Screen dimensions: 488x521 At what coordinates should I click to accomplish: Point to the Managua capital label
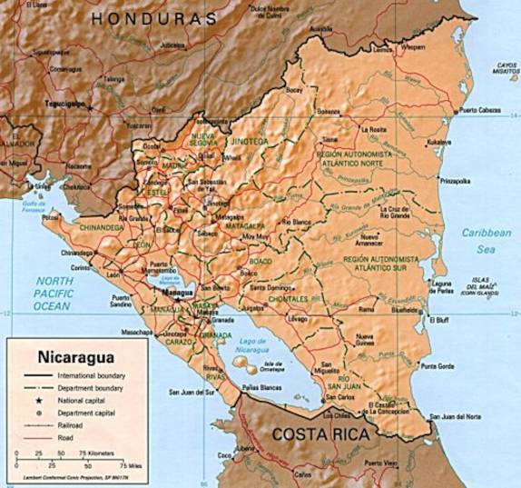tap(175, 294)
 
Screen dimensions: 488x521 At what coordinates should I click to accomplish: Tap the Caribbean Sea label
tap(486, 239)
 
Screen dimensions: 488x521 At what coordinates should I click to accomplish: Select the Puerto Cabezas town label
tap(479, 111)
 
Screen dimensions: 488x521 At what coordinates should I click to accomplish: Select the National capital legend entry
tap(82, 399)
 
